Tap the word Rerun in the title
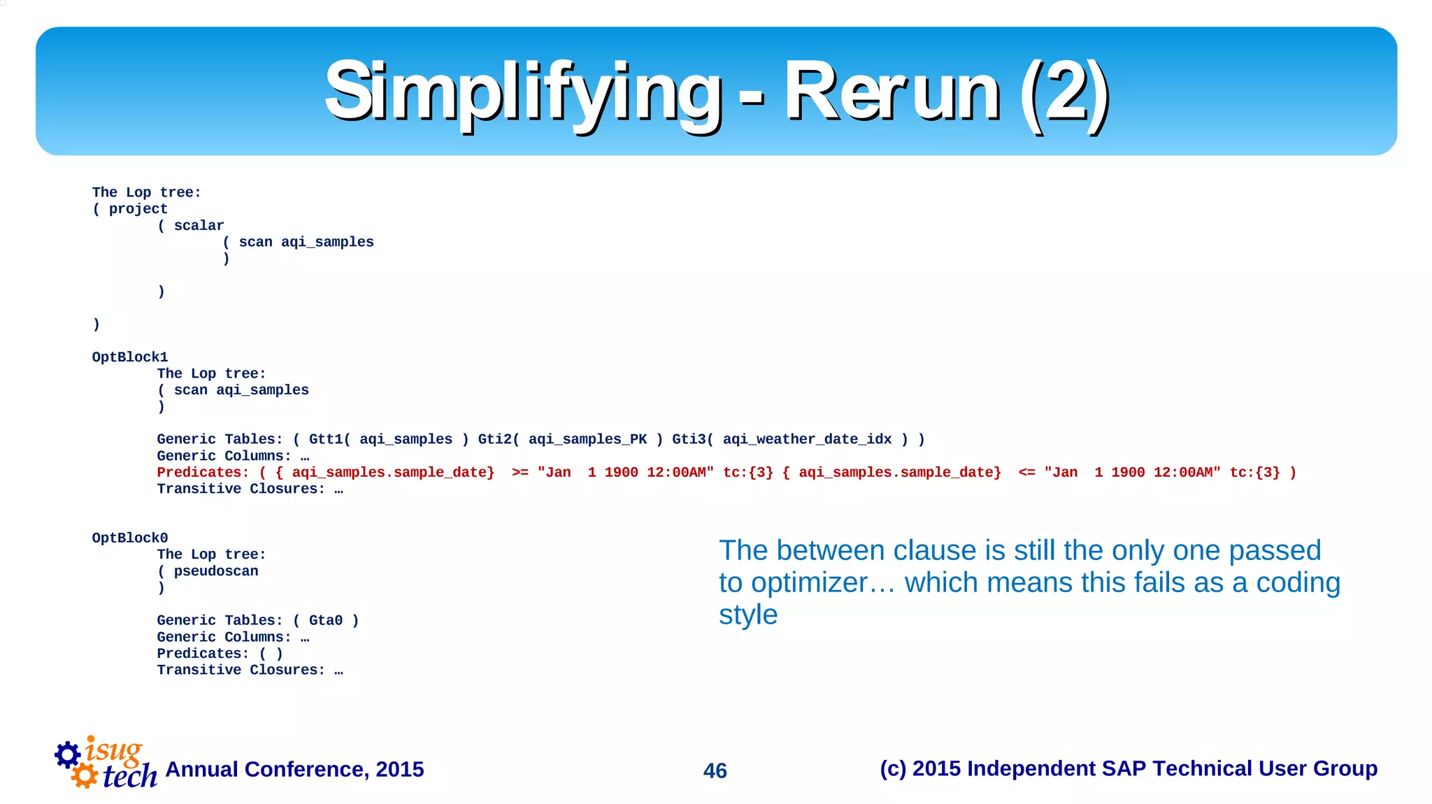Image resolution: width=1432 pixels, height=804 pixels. [892, 92]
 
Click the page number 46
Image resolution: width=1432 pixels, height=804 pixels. [715, 770]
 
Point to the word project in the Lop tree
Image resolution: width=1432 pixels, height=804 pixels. [138, 209]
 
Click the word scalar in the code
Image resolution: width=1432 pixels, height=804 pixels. [199, 226]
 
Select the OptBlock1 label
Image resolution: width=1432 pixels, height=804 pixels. [130, 357]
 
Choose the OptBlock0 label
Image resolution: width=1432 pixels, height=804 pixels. [130, 538]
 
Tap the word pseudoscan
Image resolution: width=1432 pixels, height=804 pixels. [216, 571]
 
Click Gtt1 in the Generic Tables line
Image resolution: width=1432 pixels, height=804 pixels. [325, 439]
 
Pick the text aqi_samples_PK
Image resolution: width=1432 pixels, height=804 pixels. [587, 439]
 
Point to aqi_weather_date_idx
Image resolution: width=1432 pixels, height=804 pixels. [807, 439]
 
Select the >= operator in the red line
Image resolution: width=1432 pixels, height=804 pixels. [520, 473]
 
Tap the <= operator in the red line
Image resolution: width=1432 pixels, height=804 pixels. [1026, 473]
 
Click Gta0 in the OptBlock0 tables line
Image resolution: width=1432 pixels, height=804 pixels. [325, 620]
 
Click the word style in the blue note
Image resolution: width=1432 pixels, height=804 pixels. [747, 615]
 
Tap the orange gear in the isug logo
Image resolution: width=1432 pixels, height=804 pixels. [85, 775]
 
